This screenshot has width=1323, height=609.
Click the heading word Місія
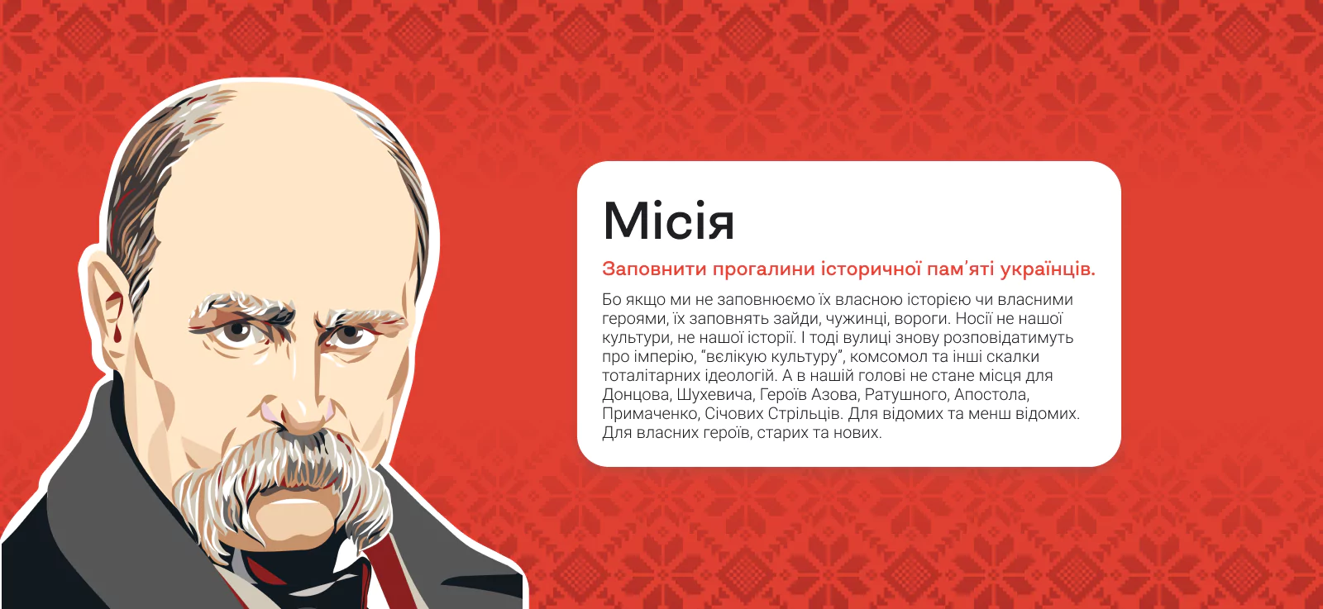(x=669, y=221)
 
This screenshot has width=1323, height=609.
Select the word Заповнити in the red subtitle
(x=654, y=269)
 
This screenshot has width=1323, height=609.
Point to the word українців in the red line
(x=1048, y=269)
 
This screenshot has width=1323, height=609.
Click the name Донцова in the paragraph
(x=636, y=395)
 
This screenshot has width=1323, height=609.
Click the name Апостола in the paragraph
(x=991, y=395)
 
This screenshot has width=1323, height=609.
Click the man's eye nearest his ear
(x=239, y=331)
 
